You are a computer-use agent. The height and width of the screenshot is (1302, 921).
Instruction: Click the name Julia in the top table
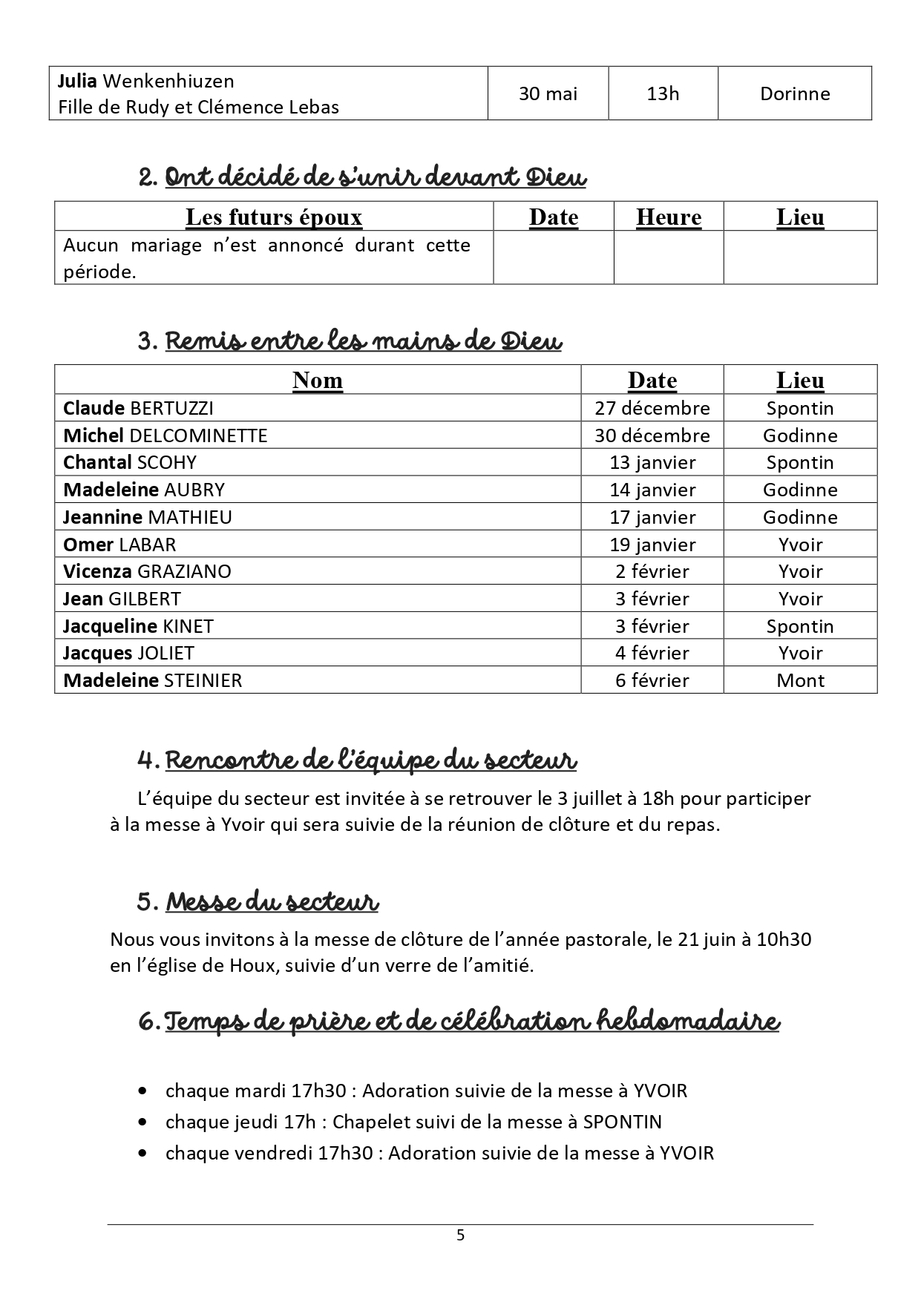78,81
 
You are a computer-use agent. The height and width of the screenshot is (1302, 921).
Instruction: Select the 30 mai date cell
548,93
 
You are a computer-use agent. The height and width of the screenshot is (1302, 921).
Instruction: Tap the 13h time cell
663,93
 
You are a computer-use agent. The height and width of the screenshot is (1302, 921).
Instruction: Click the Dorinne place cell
795,93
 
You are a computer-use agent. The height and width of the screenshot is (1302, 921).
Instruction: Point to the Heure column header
669,217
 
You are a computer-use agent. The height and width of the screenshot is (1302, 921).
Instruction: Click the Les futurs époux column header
274,217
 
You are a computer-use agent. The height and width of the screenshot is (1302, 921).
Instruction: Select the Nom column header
318,380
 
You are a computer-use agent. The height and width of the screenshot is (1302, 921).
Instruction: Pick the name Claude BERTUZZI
138,408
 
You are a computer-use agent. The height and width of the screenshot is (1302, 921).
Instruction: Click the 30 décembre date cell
652,435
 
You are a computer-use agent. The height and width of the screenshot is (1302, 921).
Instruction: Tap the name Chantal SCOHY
130,462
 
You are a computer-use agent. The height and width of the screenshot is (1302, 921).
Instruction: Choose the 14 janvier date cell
652,490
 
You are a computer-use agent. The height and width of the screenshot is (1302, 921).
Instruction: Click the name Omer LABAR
119,545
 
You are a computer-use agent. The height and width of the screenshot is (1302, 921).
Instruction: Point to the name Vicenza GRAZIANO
147,571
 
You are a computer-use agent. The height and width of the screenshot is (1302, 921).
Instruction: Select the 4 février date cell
652,653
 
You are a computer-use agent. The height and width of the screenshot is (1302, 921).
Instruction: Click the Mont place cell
800,680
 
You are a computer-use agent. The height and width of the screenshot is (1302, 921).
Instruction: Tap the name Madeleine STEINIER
152,680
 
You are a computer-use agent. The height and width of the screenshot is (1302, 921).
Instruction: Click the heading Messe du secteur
272,902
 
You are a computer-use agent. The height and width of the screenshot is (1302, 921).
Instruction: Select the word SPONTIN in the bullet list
622,1122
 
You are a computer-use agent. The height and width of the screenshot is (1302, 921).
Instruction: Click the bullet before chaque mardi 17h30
142,1091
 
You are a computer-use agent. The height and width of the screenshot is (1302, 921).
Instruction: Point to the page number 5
460,1235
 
